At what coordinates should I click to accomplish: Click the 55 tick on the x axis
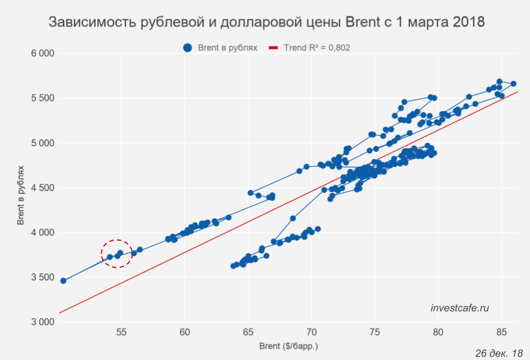point(122,332)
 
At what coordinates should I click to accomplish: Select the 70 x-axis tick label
point(312,332)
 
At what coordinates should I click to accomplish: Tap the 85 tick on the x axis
point(501,332)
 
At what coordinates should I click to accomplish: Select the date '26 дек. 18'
point(498,353)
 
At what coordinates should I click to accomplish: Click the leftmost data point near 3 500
point(63,281)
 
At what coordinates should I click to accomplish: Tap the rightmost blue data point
point(513,84)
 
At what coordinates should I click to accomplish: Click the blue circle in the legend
point(188,48)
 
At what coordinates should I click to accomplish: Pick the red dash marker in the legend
point(273,48)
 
